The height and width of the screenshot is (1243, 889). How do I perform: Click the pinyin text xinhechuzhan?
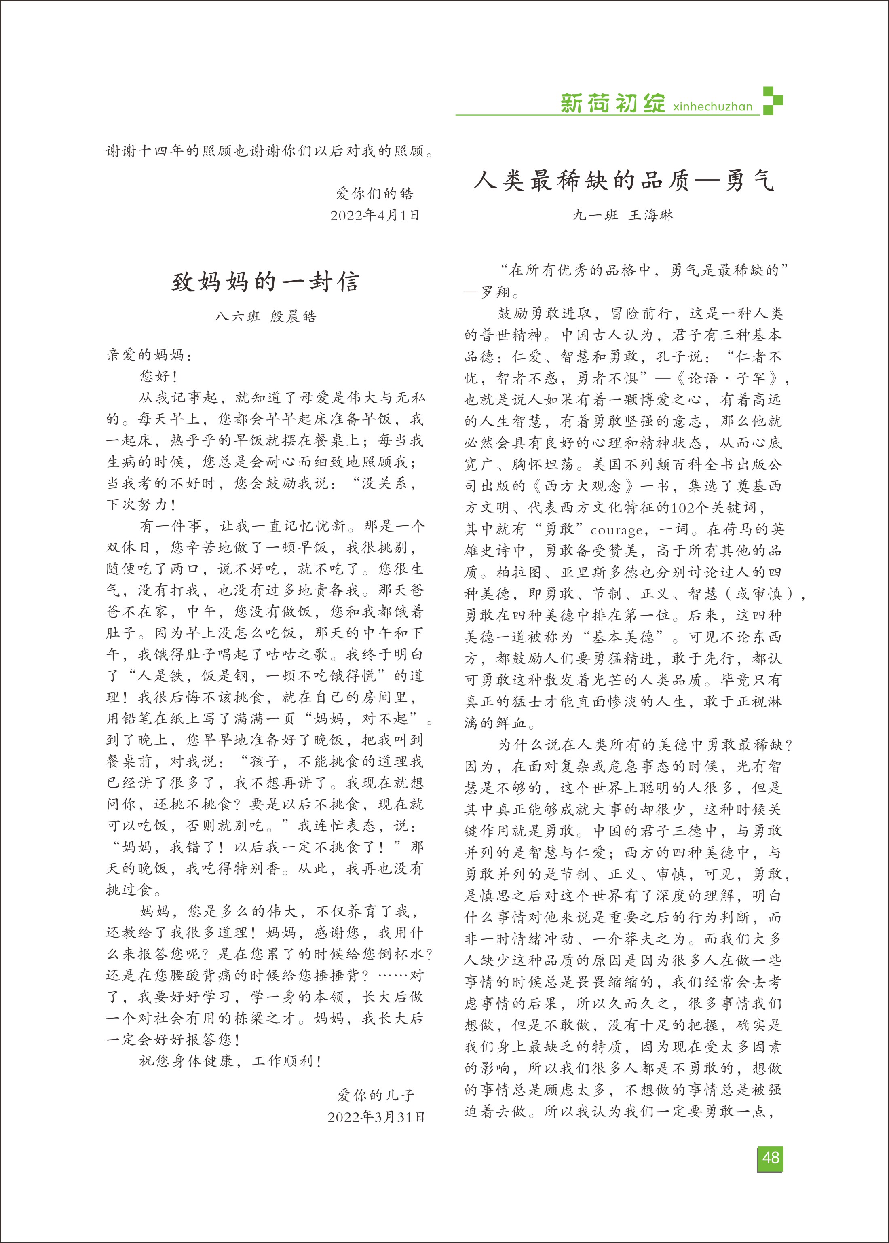[x=713, y=106]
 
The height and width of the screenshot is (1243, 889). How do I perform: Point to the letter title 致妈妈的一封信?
[x=266, y=282]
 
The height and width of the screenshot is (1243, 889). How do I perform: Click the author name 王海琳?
[x=651, y=215]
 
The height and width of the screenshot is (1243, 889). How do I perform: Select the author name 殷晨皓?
[x=293, y=316]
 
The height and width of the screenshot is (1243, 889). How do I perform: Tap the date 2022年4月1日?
[x=375, y=215]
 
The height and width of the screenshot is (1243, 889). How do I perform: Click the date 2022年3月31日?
[x=376, y=1117]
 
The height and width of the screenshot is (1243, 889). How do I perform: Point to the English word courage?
[x=615, y=530]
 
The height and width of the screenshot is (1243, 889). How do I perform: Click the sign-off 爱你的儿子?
[x=376, y=1095]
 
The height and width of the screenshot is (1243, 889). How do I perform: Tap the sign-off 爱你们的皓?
[x=374, y=193]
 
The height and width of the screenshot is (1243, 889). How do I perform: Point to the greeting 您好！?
[x=159, y=376]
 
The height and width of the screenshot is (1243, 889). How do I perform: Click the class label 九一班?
[x=595, y=215]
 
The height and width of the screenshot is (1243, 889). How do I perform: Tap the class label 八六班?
[x=237, y=316]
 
